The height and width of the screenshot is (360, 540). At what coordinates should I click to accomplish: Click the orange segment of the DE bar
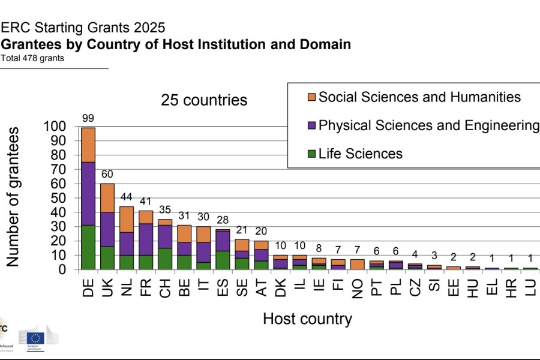tap(88, 145)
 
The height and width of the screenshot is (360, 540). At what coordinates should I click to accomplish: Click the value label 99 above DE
tap(88, 119)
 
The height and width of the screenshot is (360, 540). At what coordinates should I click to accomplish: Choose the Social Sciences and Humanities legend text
tap(419, 97)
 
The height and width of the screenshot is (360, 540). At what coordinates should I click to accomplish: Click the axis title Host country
tap(307, 319)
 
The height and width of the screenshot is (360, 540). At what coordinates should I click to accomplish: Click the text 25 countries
tap(204, 100)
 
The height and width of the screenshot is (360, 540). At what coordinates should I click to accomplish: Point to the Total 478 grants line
tap(32, 59)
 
